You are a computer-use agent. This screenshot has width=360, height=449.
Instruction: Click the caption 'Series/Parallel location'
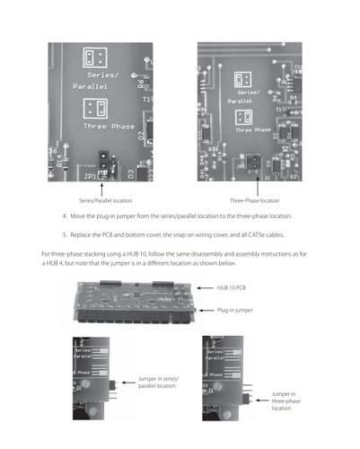pos(101,198)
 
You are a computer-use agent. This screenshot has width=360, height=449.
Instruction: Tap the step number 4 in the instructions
pos(65,216)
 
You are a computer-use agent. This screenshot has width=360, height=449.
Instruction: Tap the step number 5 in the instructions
pos(65,233)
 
